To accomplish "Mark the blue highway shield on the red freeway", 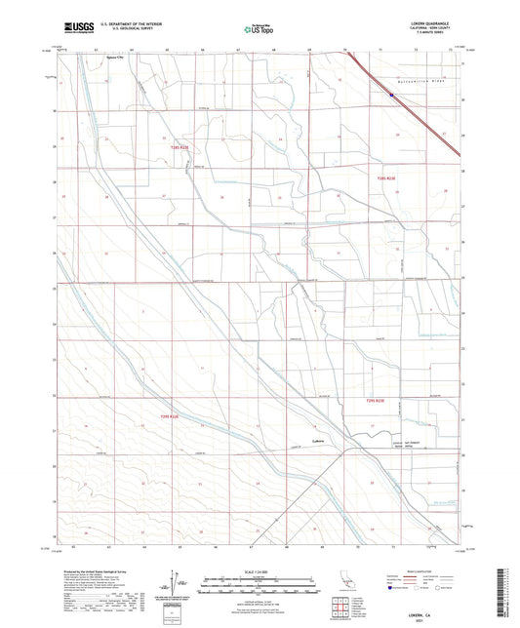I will pos(391,96).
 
